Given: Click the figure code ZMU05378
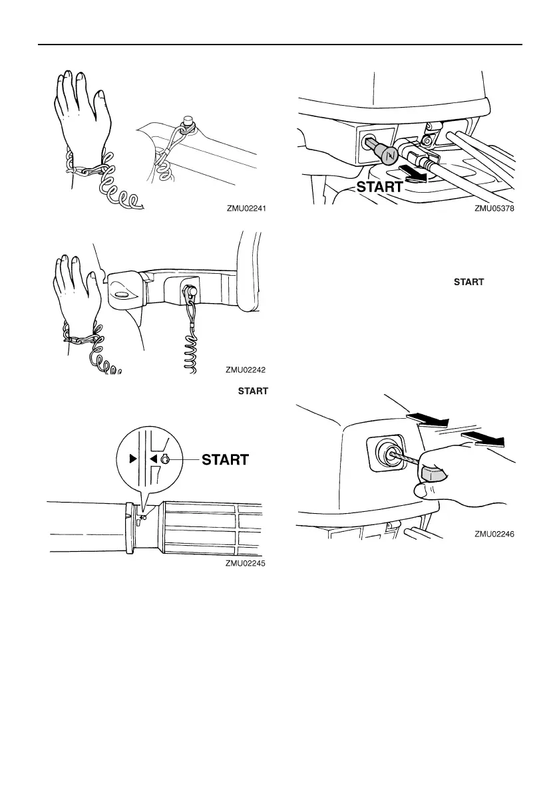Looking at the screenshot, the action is pos(495,208).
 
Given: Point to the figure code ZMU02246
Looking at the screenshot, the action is pos(495,533).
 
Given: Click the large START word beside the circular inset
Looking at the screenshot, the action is pos(226,460).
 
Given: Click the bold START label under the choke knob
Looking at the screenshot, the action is pos(379,187).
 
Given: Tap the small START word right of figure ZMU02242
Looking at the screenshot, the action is pos(468,282).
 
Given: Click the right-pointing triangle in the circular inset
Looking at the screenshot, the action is pos(132,458).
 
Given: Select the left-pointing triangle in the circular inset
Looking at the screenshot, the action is pos(152,458).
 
